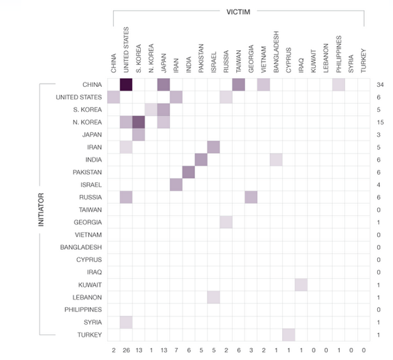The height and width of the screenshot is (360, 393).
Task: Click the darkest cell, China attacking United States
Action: point(126,84)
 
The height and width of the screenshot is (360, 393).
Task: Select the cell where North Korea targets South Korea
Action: point(138,122)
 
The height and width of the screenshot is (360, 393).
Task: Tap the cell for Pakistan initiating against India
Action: point(188,172)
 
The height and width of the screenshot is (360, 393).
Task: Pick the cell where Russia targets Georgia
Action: point(251,197)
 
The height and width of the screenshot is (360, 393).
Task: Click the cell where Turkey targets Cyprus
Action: point(288,334)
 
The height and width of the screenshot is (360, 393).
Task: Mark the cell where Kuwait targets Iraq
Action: point(301,284)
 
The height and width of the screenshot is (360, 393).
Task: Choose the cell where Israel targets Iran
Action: point(175,184)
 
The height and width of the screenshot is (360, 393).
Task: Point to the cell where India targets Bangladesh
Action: point(276,159)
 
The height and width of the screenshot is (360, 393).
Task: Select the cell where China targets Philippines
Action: point(338,84)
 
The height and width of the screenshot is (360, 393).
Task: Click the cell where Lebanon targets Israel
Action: point(213,297)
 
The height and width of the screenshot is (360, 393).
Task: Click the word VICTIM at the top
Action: point(238,11)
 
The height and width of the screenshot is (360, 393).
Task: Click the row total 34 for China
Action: point(380,84)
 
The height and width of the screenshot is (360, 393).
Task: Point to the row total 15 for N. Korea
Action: point(380,122)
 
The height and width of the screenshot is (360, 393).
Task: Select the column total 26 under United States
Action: point(126,349)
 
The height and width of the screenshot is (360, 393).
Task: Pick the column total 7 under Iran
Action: point(175,349)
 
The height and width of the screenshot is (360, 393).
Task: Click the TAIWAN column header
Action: point(238,59)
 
